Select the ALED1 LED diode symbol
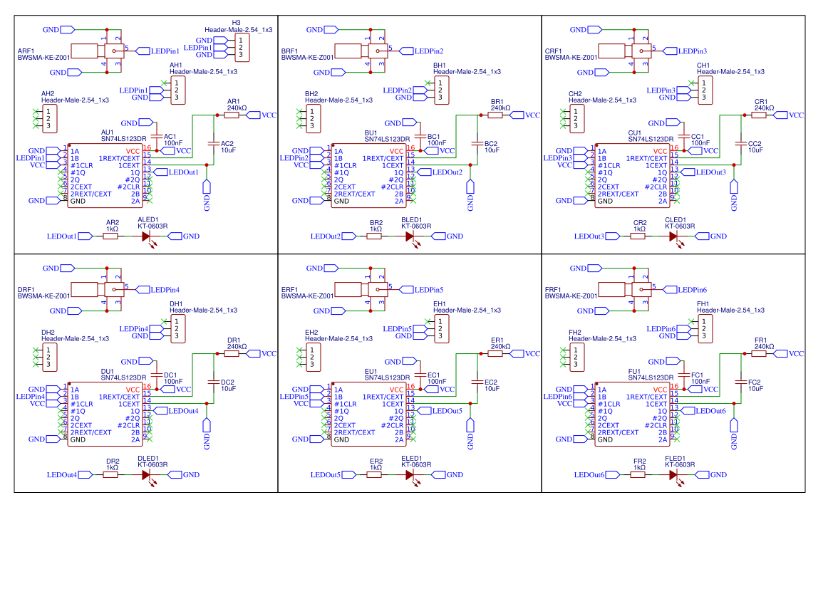click(x=146, y=236)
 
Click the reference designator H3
click(x=236, y=23)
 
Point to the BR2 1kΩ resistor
click(x=375, y=236)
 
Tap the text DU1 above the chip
click(x=108, y=371)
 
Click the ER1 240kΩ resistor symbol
click(x=496, y=353)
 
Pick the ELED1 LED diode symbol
click(x=410, y=474)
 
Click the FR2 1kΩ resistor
click(x=638, y=474)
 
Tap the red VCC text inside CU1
click(x=661, y=151)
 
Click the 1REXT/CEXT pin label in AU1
click(x=119, y=158)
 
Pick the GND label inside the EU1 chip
click(x=342, y=439)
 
